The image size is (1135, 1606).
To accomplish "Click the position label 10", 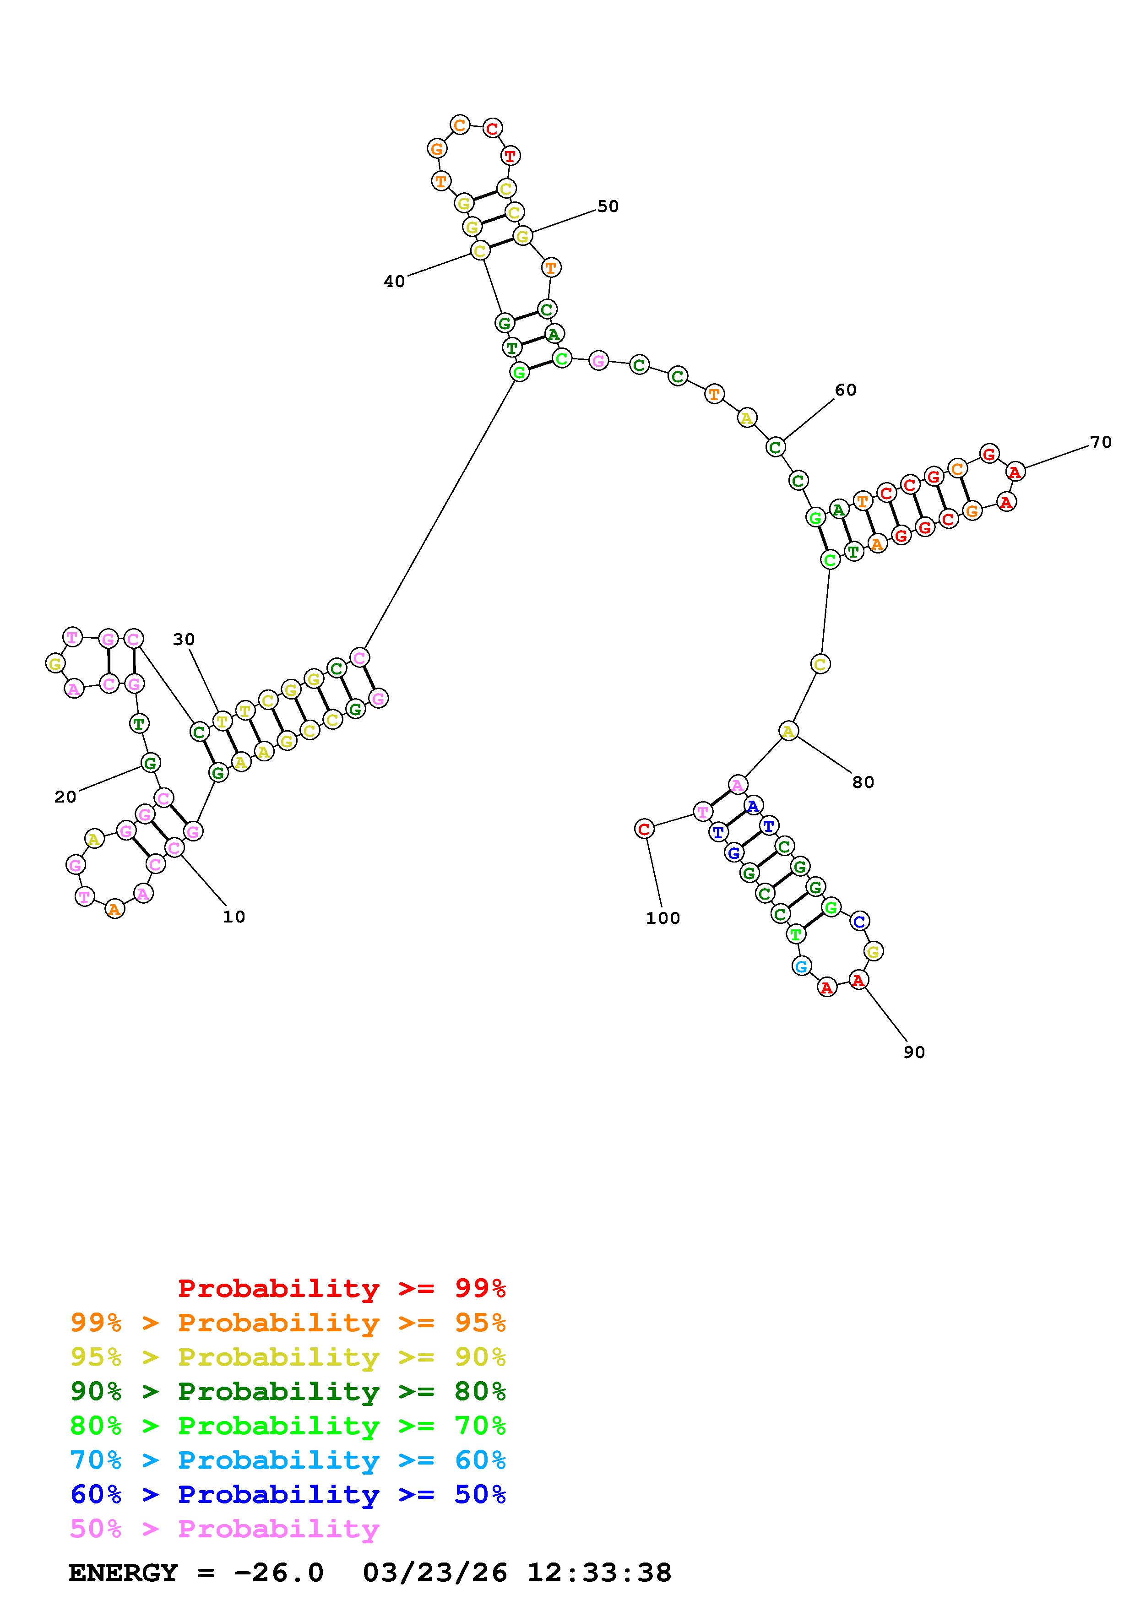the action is [234, 917].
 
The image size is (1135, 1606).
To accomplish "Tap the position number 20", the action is [65, 798].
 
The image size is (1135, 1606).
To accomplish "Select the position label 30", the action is [184, 639].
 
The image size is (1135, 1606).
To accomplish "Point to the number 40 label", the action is [394, 281].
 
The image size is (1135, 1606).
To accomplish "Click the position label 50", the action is [608, 206].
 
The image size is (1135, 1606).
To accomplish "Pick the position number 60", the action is [846, 391].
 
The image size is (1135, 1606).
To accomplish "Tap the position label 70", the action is [1101, 442].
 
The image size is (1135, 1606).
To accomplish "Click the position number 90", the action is [914, 1052].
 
